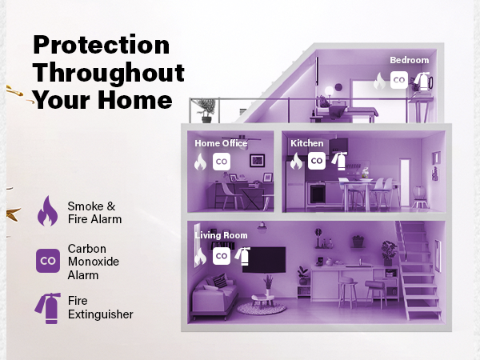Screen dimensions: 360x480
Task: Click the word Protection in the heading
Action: click(x=101, y=46)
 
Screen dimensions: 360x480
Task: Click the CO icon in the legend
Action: click(x=48, y=261)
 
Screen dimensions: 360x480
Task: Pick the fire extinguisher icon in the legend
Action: click(x=47, y=307)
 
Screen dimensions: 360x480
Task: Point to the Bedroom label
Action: click(x=409, y=60)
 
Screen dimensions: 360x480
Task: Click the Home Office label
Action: click(x=221, y=144)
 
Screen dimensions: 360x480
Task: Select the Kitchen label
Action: click(x=307, y=144)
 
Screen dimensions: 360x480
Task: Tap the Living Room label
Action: click(x=222, y=236)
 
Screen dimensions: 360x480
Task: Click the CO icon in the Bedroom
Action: click(x=398, y=81)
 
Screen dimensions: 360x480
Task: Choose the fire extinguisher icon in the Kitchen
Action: click(x=338, y=160)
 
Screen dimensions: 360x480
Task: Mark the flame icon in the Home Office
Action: click(x=200, y=162)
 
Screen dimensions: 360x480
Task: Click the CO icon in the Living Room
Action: click(x=222, y=256)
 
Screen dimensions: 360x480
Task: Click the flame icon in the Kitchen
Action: click(x=296, y=161)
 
